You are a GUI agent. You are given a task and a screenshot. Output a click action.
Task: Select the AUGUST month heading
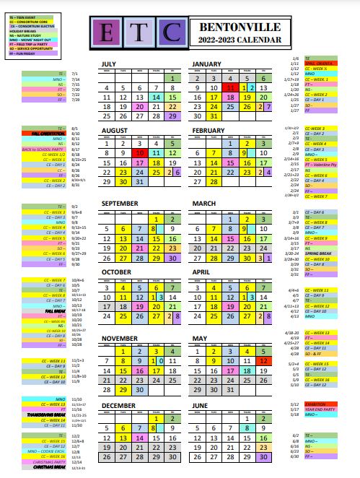click(115, 130)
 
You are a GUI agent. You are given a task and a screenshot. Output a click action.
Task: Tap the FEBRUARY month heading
click(209, 130)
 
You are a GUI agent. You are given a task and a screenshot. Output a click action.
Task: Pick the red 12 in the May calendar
click(265, 360)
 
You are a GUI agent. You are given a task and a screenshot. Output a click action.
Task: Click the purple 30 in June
click(265, 456)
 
